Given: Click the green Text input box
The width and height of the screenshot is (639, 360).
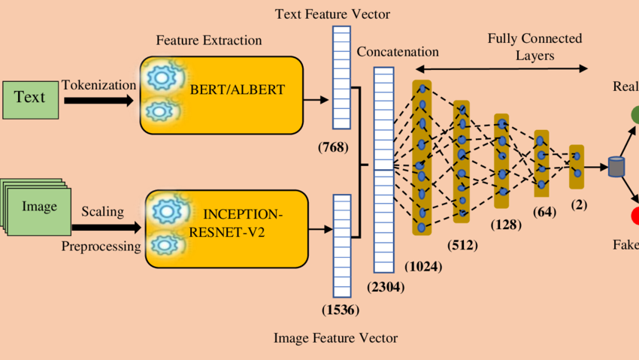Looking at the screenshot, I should [29, 98].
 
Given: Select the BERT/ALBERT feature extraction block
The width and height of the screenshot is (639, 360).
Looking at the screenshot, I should [221, 95].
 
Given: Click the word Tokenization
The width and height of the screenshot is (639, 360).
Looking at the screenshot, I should [99, 86].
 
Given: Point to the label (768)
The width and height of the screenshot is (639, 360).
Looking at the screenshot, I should [333, 147].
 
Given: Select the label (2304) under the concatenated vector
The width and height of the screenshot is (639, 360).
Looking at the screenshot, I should [385, 286].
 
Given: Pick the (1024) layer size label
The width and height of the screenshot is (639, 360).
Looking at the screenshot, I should [423, 265].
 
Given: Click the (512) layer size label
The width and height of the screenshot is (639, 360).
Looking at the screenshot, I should [462, 245].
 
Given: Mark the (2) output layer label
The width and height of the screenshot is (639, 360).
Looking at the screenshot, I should [579, 204].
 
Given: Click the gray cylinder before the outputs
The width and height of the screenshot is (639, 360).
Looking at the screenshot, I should [616, 166].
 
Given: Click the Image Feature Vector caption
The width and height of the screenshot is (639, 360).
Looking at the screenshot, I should [335, 338].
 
